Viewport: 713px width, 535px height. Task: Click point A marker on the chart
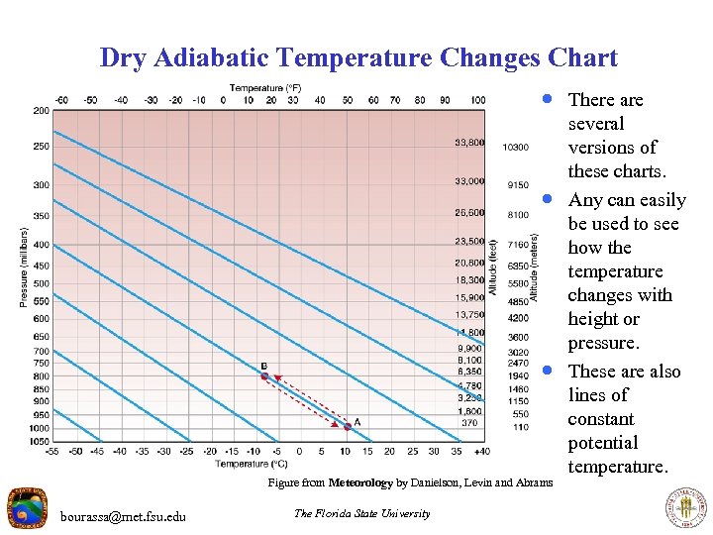[348, 427]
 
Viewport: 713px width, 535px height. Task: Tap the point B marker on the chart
[264, 376]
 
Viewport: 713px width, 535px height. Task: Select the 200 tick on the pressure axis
[41, 111]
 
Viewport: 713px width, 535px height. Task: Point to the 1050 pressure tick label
[39, 441]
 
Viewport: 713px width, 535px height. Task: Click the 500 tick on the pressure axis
[41, 283]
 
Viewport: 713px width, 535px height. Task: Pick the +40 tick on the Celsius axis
[482, 452]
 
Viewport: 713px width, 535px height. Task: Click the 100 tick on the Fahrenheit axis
[478, 100]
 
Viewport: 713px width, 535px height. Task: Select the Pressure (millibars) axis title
[25, 267]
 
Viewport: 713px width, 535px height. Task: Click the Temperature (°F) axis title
[265, 88]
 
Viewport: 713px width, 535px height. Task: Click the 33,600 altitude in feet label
[469, 143]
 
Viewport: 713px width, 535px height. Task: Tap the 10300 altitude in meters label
[516, 148]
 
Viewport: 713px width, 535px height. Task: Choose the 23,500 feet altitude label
[469, 241]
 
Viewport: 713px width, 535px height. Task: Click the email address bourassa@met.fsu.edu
[123, 515]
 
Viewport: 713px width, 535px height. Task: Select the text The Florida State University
[362, 513]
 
